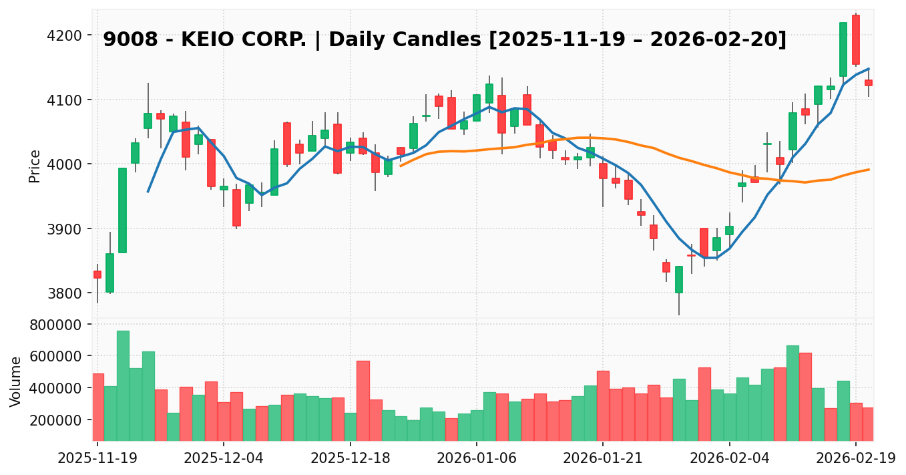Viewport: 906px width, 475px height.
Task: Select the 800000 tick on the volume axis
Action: click(x=58, y=325)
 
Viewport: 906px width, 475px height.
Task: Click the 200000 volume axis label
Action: click(x=58, y=420)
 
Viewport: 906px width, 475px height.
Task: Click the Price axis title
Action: click(x=35, y=166)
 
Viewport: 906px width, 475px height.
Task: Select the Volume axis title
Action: click(x=17, y=381)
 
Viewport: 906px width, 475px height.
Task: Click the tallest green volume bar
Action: click(x=123, y=385)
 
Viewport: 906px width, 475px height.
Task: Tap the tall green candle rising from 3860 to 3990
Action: click(x=122, y=210)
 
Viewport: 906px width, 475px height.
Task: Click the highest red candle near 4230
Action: click(x=856, y=40)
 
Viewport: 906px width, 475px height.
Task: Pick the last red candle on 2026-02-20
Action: click(x=868, y=83)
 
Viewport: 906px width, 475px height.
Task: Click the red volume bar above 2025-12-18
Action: click(x=363, y=400)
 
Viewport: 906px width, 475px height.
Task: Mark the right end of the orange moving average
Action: click(x=869, y=169)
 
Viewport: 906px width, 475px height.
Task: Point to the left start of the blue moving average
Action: click(x=148, y=192)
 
